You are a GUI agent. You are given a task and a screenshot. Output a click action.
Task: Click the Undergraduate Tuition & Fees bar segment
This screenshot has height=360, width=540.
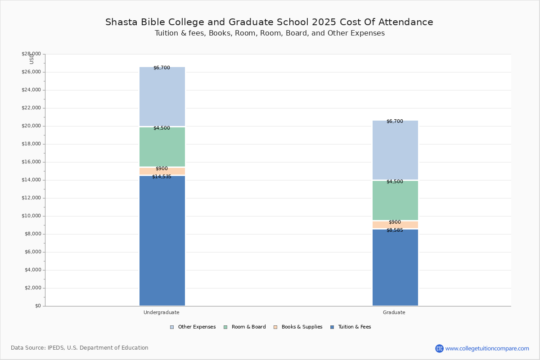(162, 241)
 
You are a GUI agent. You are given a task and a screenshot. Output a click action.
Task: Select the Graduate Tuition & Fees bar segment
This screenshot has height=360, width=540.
(396, 267)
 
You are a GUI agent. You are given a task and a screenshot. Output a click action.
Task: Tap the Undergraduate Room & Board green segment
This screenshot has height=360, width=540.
(162, 147)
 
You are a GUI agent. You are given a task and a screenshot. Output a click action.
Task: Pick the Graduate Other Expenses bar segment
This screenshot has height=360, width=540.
(396, 150)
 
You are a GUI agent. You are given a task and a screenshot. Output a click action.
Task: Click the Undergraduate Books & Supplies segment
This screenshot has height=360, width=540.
(162, 171)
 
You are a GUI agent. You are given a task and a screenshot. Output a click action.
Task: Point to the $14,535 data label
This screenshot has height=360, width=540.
(162, 177)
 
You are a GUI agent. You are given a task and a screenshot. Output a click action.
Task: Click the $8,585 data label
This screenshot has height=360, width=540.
(395, 230)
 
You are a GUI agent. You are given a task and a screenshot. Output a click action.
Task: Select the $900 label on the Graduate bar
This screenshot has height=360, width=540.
(395, 222)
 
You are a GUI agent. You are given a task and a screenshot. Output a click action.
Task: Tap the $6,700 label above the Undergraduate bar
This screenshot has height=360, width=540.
(162, 68)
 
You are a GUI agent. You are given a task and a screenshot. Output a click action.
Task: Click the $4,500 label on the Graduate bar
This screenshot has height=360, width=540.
(395, 181)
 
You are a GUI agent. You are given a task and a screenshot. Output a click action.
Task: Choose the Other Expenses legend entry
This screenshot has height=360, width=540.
(193, 327)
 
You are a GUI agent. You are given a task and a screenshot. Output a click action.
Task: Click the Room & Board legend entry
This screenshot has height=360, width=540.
(245, 327)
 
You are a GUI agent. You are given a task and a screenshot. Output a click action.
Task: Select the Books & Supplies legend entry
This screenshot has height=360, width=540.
(298, 327)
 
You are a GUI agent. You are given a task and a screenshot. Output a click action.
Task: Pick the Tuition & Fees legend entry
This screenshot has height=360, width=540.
(351, 327)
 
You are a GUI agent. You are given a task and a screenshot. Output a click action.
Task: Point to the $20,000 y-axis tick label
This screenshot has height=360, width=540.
(31, 126)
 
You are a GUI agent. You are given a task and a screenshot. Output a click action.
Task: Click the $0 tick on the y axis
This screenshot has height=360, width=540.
(38, 306)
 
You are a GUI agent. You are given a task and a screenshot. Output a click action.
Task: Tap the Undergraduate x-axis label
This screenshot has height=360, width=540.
(162, 312)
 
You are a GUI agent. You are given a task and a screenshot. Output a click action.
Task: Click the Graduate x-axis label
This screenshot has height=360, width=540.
(394, 312)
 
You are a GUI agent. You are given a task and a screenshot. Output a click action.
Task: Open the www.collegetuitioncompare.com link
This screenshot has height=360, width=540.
(487, 348)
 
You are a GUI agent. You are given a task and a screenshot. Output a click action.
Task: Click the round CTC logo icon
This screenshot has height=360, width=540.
(439, 348)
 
